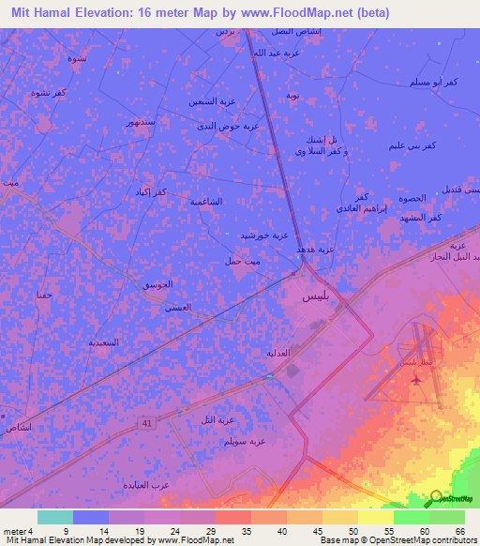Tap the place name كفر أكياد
[x=149, y=191]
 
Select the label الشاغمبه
[x=207, y=201]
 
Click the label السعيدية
[x=103, y=341]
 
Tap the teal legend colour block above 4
[x=55, y=517]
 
